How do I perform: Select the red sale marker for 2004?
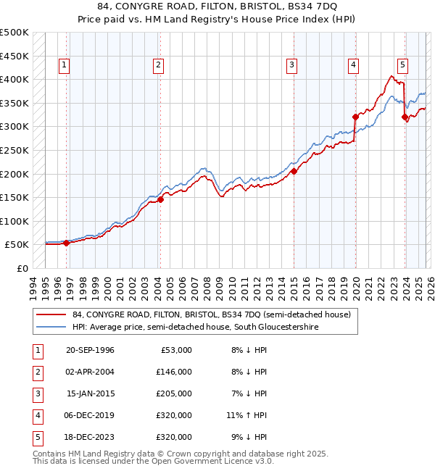click(160, 200)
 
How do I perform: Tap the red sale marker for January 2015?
click(294, 172)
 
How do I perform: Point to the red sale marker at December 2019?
click(355, 117)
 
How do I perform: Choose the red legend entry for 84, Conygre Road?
click(211, 314)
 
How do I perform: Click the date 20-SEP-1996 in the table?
click(90, 350)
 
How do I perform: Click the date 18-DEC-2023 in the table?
click(90, 437)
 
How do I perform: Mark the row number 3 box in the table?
click(37, 393)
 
